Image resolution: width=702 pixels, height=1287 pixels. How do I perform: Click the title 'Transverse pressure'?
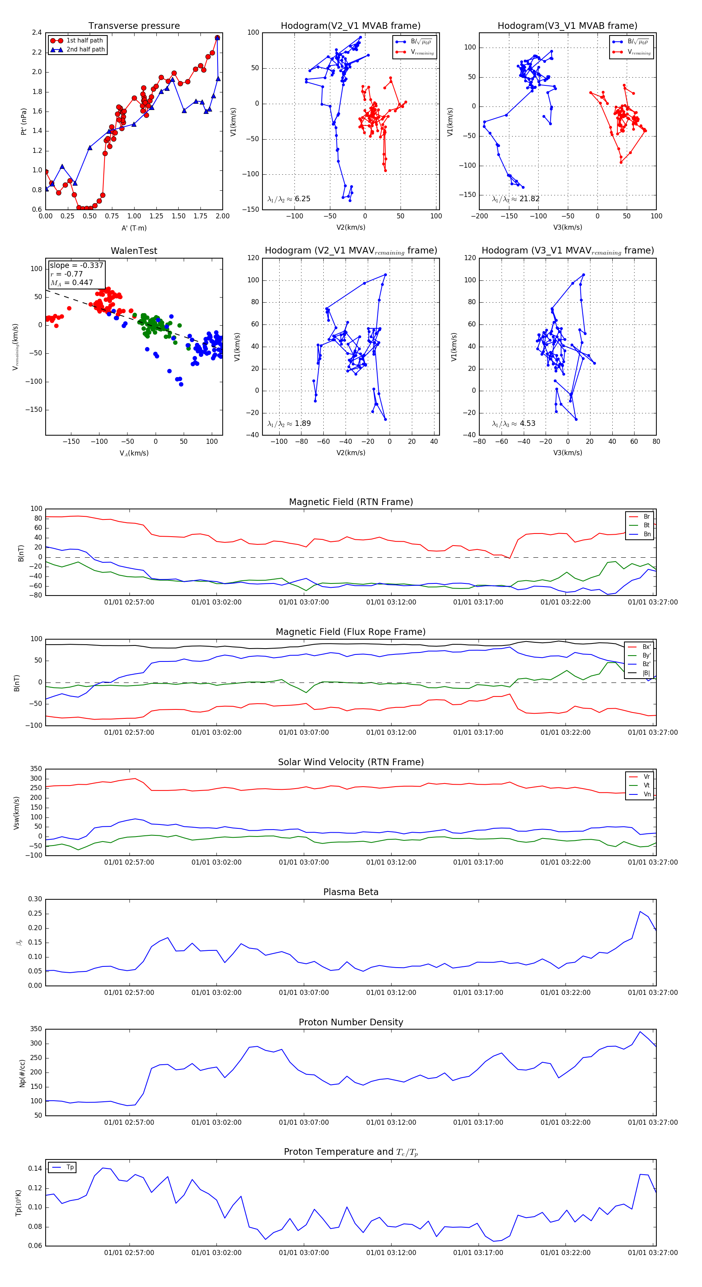(x=134, y=26)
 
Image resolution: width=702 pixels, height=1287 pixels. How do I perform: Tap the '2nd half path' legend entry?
(x=85, y=50)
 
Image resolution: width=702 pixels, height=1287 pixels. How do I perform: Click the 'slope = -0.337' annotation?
(x=76, y=265)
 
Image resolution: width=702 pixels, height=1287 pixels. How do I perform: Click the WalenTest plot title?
(x=134, y=251)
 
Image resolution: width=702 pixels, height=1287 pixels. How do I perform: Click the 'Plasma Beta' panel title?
(x=351, y=892)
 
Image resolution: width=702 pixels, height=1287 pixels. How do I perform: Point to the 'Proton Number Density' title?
(x=351, y=1022)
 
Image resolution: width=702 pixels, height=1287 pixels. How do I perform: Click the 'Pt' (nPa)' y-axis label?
(x=23, y=121)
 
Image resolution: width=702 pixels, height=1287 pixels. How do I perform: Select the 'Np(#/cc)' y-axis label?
(x=22, y=1073)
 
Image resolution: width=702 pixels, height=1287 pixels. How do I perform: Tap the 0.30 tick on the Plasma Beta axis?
(x=35, y=899)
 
